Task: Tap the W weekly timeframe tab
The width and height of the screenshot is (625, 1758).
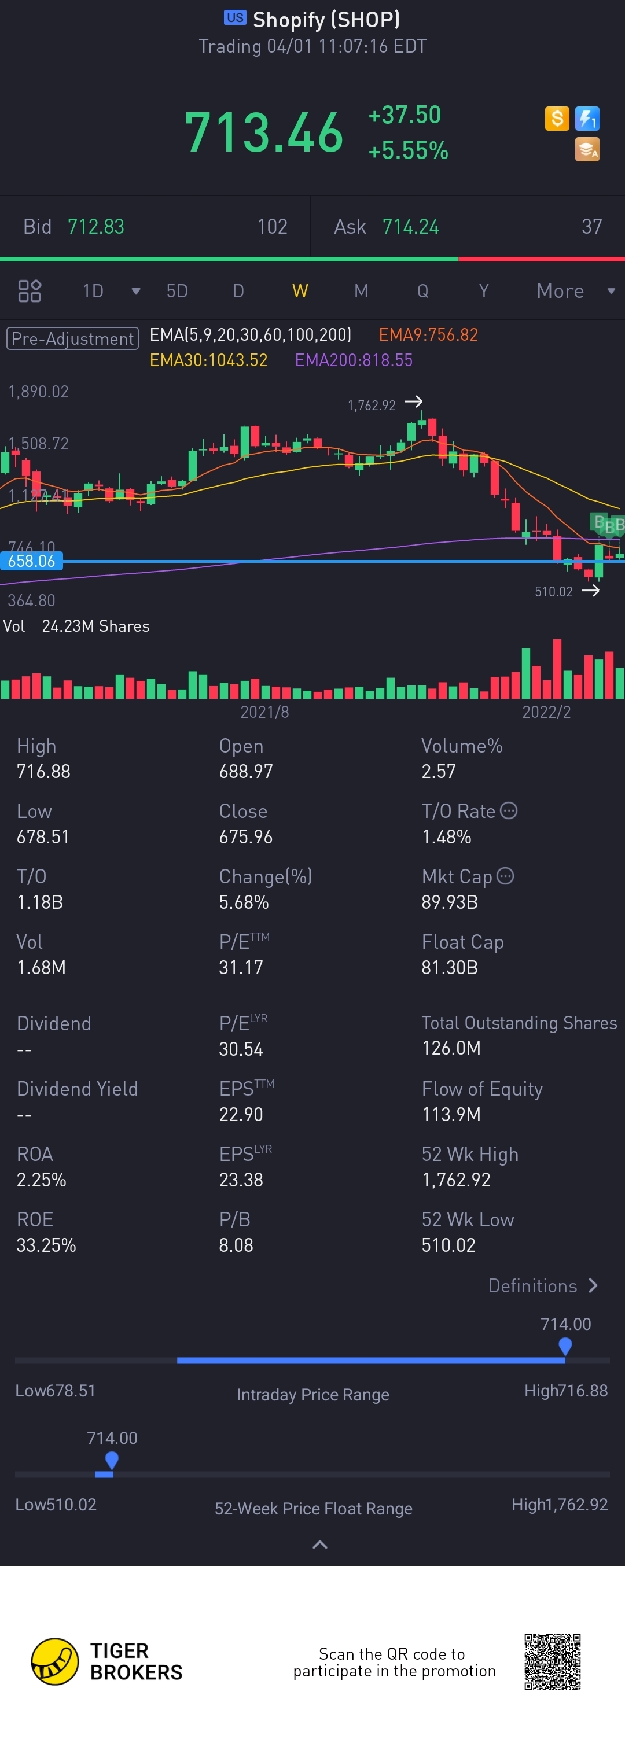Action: click(x=300, y=292)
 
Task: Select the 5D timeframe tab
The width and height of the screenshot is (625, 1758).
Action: click(x=177, y=292)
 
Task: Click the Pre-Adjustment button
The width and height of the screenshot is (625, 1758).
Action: click(x=72, y=338)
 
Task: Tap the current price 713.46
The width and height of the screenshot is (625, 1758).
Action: click(x=264, y=132)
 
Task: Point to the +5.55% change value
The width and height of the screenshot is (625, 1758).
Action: click(x=408, y=151)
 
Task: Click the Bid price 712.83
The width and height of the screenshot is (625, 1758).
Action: click(x=95, y=227)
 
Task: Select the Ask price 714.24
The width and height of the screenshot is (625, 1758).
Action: click(x=410, y=227)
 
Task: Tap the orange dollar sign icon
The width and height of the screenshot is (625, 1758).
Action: click(x=557, y=119)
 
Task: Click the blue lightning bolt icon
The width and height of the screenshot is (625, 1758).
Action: click(x=587, y=119)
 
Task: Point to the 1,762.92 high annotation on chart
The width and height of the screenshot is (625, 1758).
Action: click(x=372, y=406)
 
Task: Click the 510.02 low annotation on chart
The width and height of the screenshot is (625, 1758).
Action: click(x=553, y=592)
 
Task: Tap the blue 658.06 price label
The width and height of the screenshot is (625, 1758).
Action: click(x=31, y=561)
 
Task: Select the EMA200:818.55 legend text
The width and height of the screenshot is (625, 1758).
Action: click(x=353, y=360)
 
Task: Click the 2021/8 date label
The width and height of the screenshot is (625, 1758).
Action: click(x=264, y=712)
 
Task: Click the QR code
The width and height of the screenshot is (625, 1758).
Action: click(x=552, y=1662)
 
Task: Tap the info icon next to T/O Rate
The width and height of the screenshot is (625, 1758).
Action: click(x=509, y=811)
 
